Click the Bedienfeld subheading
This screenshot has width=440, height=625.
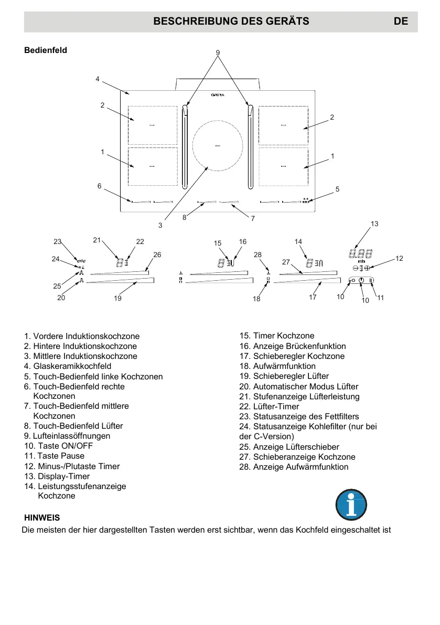46,51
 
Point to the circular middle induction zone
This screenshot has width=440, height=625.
218,145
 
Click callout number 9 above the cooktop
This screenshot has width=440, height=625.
218,52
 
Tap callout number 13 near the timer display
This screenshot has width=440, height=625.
374,224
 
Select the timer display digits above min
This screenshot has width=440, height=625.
361,254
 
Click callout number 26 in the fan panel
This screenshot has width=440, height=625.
157,255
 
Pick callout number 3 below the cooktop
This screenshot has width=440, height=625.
160,225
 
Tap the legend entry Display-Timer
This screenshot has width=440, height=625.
60,476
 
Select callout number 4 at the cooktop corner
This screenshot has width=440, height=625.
98,79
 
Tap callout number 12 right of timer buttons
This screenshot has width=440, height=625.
399,258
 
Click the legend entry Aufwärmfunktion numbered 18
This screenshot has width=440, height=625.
277,366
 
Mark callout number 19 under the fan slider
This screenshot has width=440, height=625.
117,298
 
